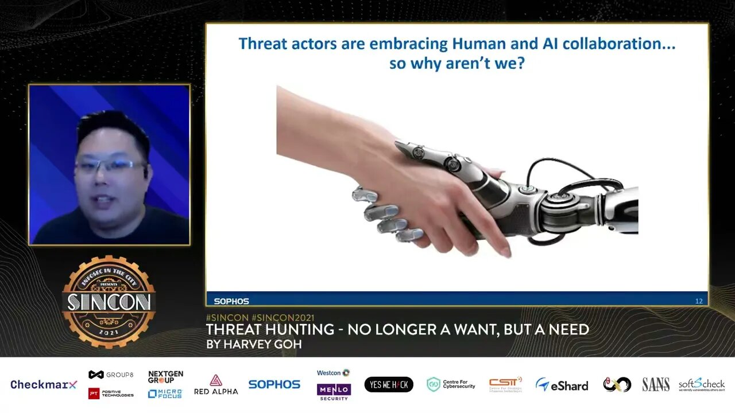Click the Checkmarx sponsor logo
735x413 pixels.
[x=44, y=384]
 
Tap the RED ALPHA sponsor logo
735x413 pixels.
[x=216, y=384]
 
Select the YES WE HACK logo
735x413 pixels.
[x=389, y=384]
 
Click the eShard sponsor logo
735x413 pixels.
[x=562, y=385]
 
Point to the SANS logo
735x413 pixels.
[x=656, y=384]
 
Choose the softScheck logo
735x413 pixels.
[x=701, y=384]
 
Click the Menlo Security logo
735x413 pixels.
[x=334, y=391]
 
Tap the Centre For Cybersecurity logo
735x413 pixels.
[x=451, y=384]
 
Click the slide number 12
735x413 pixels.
[x=699, y=301]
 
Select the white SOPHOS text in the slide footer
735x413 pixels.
[x=231, y=301]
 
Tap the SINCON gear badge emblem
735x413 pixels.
[x=109, y=302]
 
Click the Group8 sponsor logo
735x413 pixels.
[x=111, y=375]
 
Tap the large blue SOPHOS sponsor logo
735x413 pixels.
[x=274, y=384]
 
